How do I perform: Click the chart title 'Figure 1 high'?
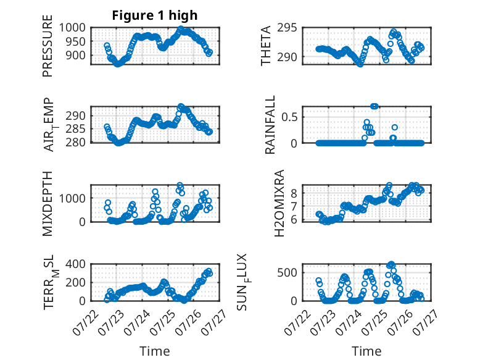155,15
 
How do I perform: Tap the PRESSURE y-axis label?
48,46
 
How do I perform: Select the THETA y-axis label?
266,46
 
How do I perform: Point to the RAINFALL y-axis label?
270,125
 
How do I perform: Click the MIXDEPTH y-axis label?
48,204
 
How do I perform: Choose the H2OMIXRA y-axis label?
279,203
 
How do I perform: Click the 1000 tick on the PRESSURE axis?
72,28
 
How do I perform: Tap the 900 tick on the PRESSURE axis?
76,56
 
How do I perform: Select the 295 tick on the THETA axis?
287,28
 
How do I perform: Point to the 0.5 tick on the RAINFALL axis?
289,117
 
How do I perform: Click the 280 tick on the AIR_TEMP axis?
76,142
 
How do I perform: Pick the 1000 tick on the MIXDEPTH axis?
72,198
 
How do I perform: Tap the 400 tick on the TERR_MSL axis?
76,264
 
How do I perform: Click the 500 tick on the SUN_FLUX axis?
287,272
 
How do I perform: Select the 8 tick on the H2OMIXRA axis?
294,193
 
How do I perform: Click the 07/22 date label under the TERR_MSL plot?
86,322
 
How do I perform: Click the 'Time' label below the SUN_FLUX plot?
366,351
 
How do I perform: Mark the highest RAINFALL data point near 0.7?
374,106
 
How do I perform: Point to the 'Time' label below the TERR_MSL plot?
155,351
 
